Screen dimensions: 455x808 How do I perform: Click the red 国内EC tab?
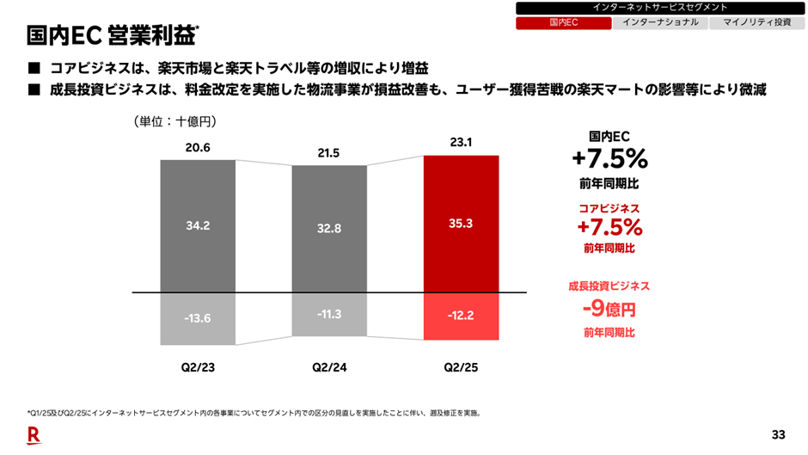click(x=563, y=23)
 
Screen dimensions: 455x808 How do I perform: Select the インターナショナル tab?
click(x=660, y=23)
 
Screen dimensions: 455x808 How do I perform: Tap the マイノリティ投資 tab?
click(x=756, y=23)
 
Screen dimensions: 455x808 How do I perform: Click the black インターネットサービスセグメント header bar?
click(x=659, y=8)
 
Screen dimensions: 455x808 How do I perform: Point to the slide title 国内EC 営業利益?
click(x=112, y=36)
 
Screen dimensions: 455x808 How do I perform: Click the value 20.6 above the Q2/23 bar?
click(x=198, y=148)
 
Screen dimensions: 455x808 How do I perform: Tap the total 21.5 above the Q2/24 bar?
click(x=329, y=153)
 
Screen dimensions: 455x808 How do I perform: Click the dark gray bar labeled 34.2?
click(x=198, y=225)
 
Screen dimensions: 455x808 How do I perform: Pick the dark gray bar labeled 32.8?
click(x=329, y=229)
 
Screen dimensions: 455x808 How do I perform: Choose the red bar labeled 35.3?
click(x=461, y=224)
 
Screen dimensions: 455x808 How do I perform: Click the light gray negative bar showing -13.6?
click(x=198, y=318)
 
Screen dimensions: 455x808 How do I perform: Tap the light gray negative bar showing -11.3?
click(x=329, y=314)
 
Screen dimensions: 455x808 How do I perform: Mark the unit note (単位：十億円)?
click(x=174, y=122)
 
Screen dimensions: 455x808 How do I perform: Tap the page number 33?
click(x=779, y=433)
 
